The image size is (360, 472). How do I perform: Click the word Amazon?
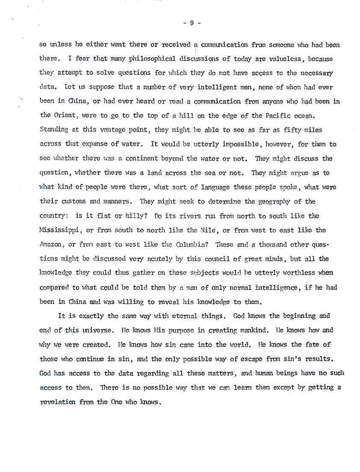(x=50, y=245)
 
